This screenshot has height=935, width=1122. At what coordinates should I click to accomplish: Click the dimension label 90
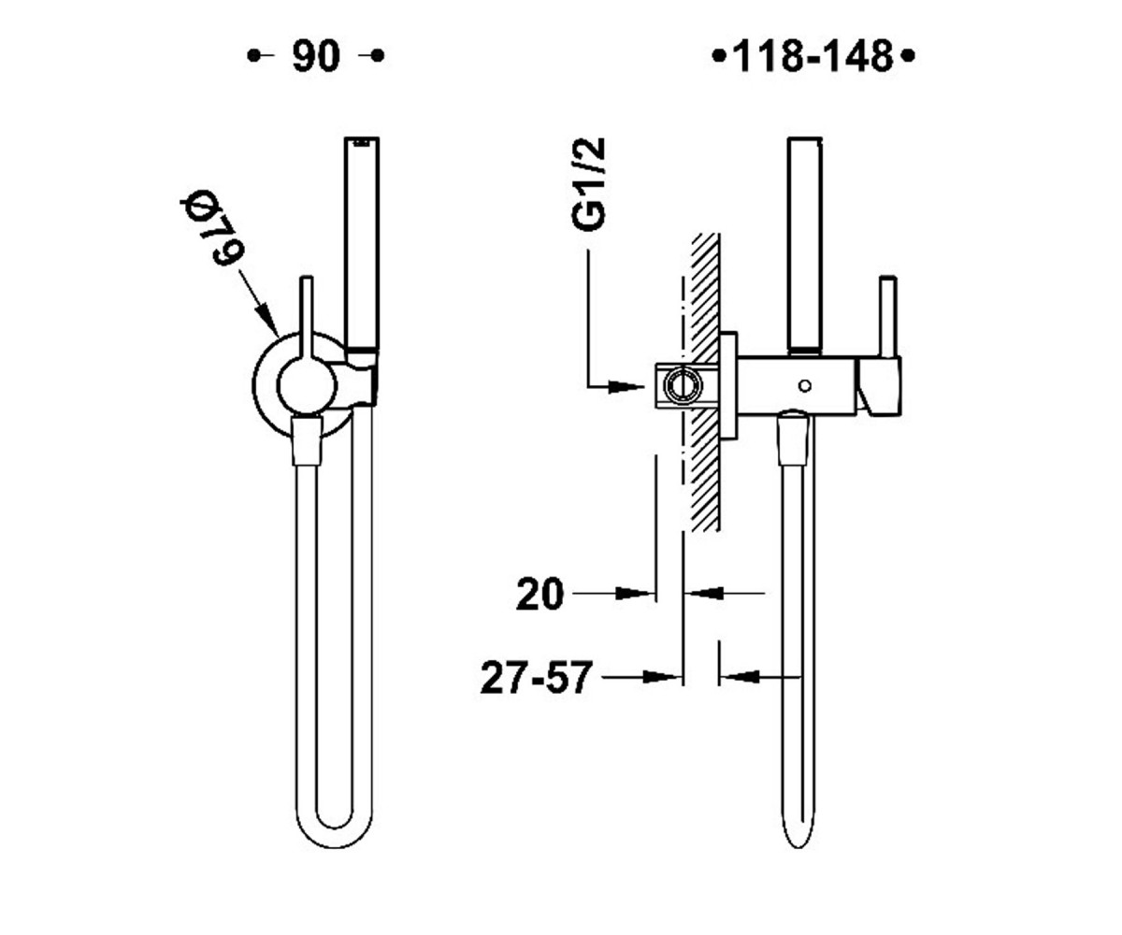tap(316, 56)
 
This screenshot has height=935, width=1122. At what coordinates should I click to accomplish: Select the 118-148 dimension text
tap(813, 56)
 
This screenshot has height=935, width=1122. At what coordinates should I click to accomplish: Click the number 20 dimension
tap(540, 594)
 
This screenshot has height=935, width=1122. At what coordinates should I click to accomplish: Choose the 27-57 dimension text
tap(537, 678)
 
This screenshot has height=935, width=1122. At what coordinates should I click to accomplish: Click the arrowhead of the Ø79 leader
tap(267, 319)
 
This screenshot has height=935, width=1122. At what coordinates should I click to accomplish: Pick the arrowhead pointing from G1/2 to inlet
tap(626, 386)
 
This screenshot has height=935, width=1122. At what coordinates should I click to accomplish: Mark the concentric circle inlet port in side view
tap(683, 385)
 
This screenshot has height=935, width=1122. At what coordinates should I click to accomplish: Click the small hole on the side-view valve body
tap(804, 385)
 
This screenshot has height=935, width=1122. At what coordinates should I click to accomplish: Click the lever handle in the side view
tap(887, 317)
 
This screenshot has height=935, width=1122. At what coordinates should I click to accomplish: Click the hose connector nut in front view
tap(307, 440)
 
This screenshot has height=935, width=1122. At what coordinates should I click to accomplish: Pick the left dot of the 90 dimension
tap(253, 55)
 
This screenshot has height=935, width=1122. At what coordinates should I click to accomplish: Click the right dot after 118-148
tap(908, 55)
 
